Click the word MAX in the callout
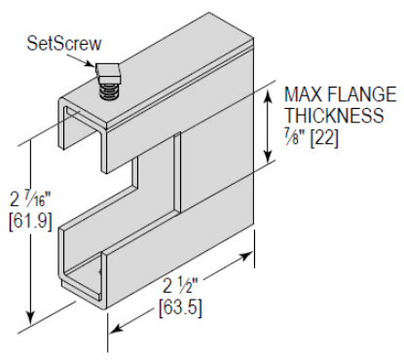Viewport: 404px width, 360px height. pos(303,95)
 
